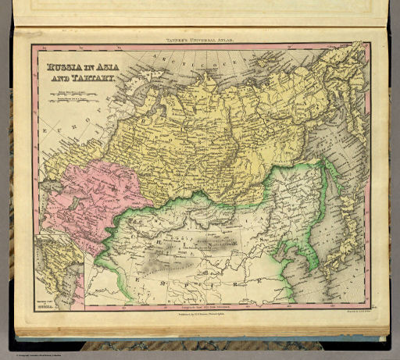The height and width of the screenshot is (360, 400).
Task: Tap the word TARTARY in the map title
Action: [x=93, y=79]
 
